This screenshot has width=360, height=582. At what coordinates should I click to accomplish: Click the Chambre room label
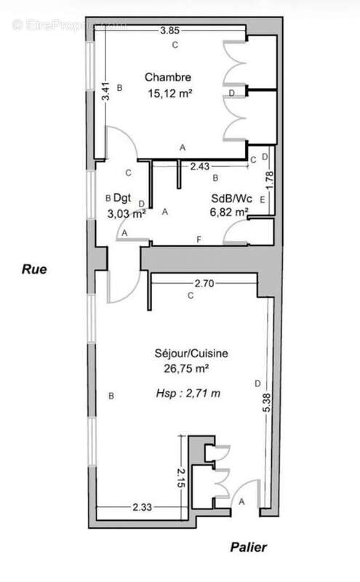pos(168,77)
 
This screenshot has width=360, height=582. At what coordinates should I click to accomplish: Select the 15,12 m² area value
pos(170,93)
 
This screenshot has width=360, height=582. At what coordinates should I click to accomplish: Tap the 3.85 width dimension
pos(169,31)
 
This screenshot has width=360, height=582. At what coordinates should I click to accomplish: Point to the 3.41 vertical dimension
pos(106,91)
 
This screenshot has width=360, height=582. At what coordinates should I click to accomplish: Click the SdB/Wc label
pos(231,199)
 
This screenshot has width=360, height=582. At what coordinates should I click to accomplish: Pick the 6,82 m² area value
pos(229,212)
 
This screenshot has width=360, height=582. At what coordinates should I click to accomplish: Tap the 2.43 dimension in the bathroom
pos(200,167)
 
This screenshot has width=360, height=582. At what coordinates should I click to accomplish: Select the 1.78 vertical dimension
pos(270,180)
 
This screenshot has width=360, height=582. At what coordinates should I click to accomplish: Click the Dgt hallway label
pos(122,198)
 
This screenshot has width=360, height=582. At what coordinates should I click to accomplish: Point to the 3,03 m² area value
pos(127,214)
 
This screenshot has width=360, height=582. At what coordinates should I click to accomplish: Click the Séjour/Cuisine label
pos(191,354)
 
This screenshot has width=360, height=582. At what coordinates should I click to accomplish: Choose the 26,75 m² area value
pos(186,369)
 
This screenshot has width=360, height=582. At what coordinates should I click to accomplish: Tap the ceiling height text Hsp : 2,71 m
pos(188,393)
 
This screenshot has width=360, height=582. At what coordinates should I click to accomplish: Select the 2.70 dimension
pos(204,284)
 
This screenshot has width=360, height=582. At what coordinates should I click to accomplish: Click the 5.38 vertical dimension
pos(266,403)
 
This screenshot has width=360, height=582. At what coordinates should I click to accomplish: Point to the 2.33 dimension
pos(142,507)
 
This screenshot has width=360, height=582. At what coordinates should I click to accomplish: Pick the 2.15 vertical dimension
pos(181,478)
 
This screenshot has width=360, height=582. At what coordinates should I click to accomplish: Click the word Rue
pos(34,269)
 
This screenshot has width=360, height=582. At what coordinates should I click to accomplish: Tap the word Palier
pos(248,547)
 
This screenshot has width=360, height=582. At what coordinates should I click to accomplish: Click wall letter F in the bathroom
pos(199,240)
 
